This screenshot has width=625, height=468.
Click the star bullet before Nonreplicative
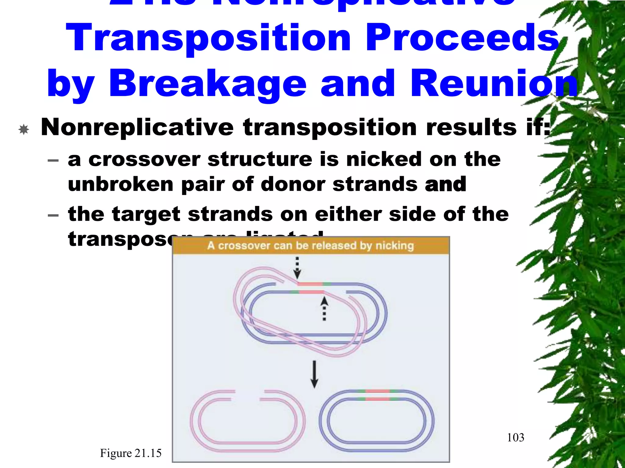[x=23, y=129]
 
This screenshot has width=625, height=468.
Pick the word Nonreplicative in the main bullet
[x=137, y=127]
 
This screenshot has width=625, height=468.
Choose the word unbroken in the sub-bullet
[x=121, y=185]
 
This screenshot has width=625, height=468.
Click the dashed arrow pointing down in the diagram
[x=297, y=268]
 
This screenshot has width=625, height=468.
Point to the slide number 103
[x=515, y=438]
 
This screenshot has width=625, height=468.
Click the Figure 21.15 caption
[x=131, y=453]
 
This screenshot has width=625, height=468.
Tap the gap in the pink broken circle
[x=247, y=395]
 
